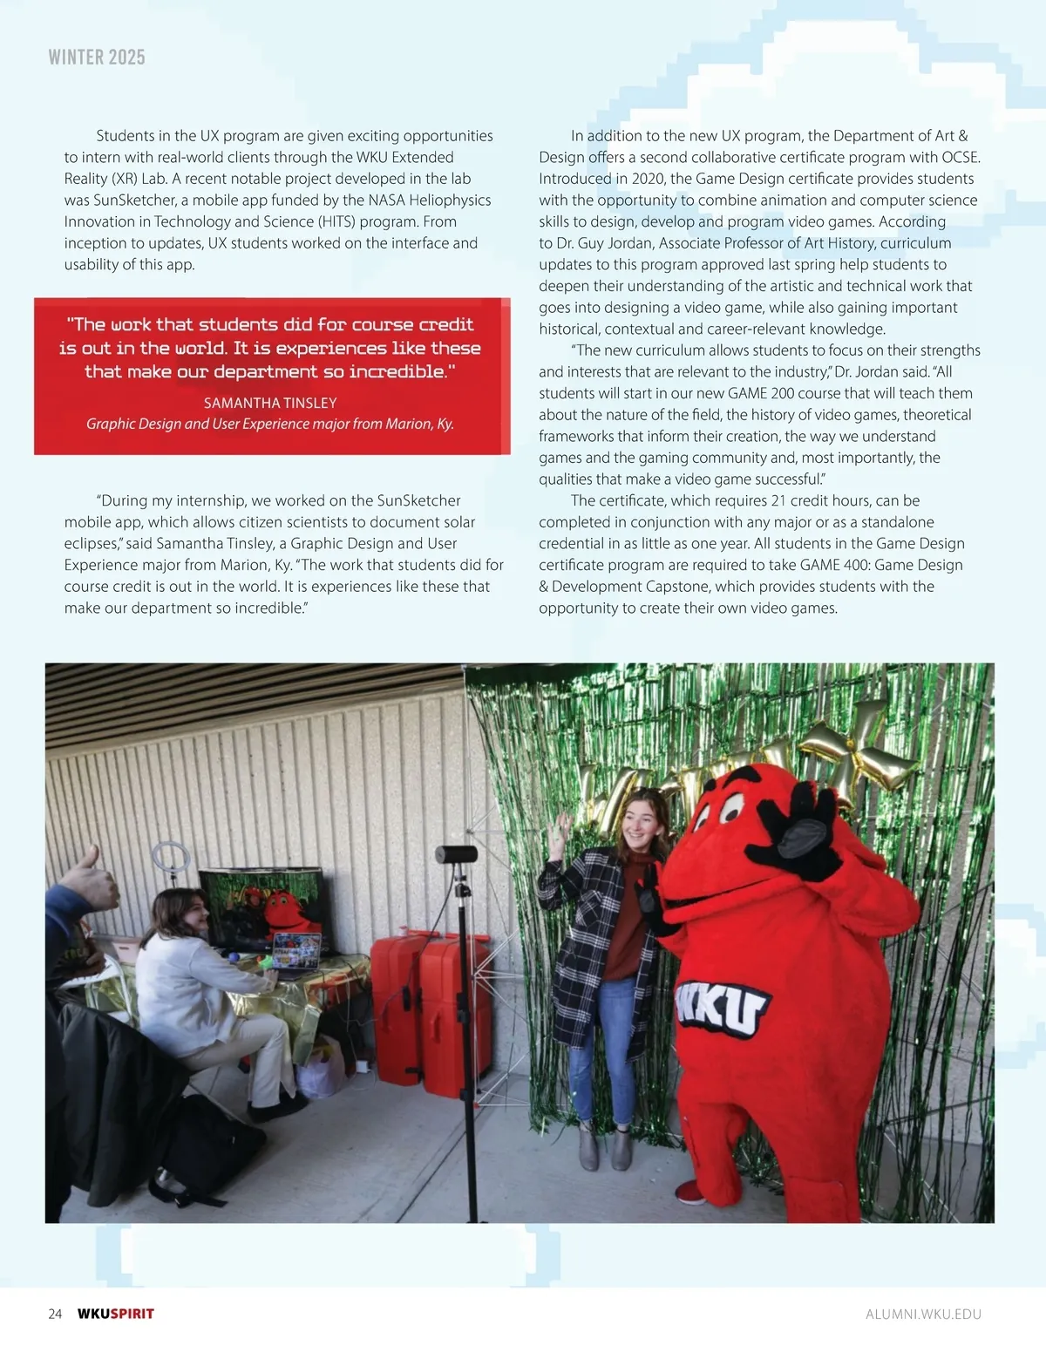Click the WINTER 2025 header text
coord(97,58)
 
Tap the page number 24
coord(55,1314)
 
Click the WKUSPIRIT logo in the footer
coord(116,1314)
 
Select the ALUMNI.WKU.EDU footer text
coord(923,1315)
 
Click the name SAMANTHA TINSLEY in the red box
coord(270,403)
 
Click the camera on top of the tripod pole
coord(456,854)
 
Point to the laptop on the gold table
coord(296,951)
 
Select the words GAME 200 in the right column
coord(760,393)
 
